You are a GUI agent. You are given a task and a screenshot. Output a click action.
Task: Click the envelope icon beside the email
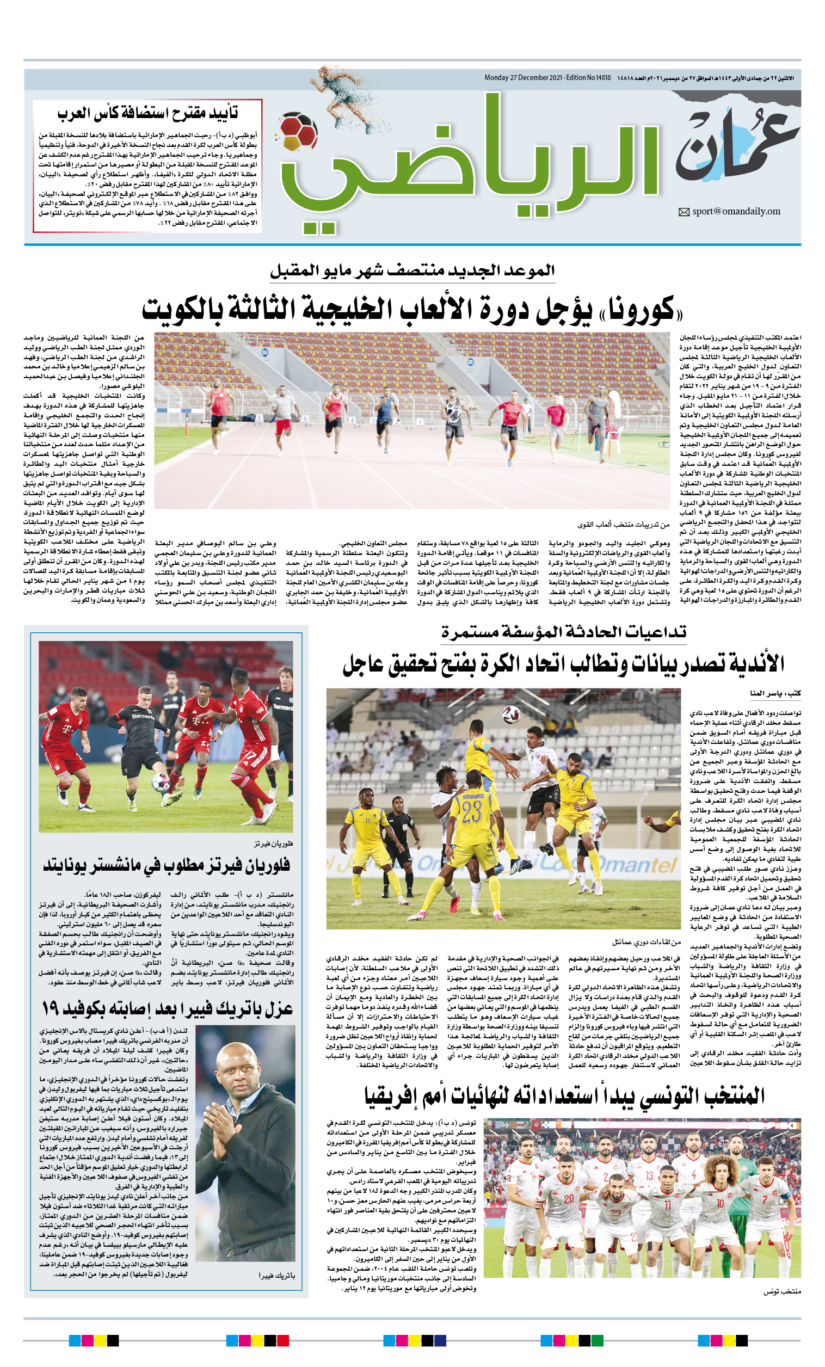684,212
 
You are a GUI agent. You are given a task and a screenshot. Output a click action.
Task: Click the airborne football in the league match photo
511,715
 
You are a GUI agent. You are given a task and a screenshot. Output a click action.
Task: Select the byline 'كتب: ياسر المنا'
774,693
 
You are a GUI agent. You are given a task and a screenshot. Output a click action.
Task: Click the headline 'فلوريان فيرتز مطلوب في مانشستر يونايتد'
167,865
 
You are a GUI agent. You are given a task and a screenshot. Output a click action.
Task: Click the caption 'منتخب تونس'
781,1291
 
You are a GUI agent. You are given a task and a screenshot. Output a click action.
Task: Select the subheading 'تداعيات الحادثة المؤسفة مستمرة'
563,631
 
